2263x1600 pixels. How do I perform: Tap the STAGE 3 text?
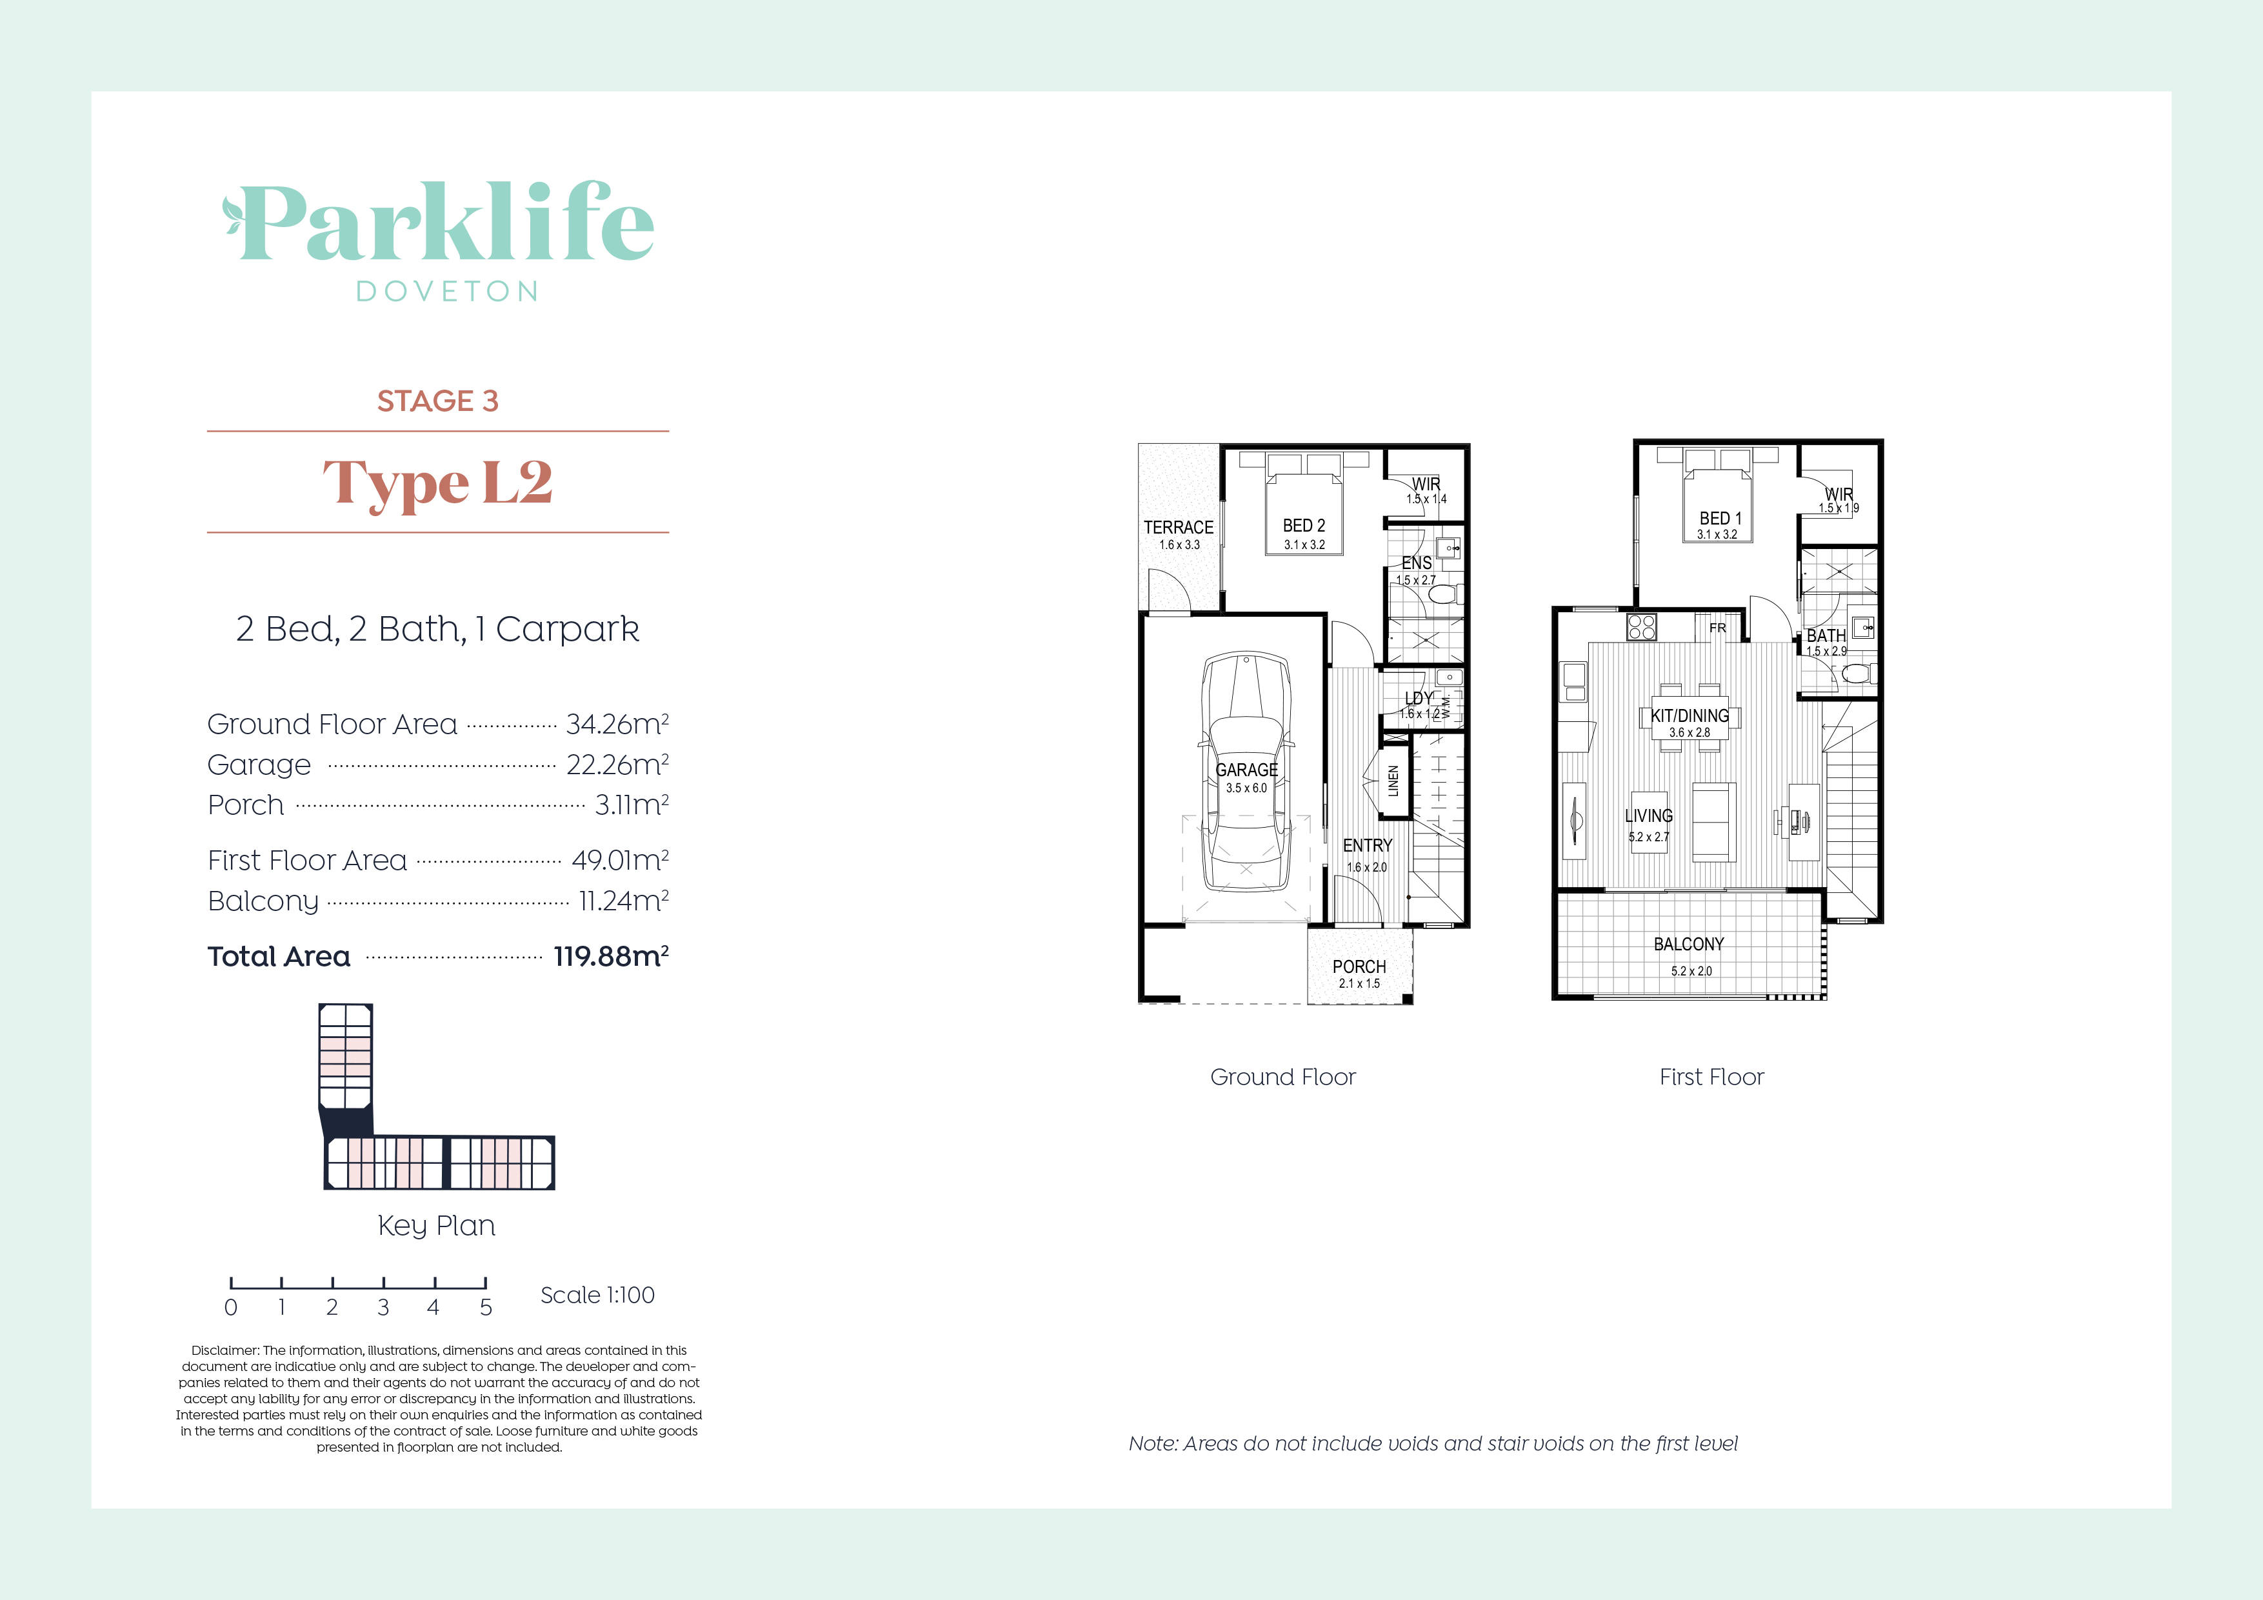click(x=437, y=401)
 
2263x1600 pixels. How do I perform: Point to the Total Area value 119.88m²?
click(x=610, y=956)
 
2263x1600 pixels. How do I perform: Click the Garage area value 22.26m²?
click(x=617, y=765)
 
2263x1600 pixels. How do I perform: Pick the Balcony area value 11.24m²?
click(x=623, y=901)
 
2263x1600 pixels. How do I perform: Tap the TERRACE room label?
click(x=1178, y=527)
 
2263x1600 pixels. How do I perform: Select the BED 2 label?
click(x=1303, y=525)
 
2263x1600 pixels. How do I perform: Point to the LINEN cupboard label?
click(x=1393, y=781)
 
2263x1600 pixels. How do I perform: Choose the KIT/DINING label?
click(x=1690, y=715)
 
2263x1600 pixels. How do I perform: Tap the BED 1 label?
click(x=1720, y=519)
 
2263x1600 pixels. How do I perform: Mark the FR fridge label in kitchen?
click(x=1717, y=628)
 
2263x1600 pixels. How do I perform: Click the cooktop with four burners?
click(x=1641, y=627)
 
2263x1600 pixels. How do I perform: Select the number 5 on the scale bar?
click(x=485, y=1308)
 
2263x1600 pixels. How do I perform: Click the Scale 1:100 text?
click(x=597, y=1295)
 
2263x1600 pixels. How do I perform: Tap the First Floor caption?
click(x=1711, y=1077)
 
